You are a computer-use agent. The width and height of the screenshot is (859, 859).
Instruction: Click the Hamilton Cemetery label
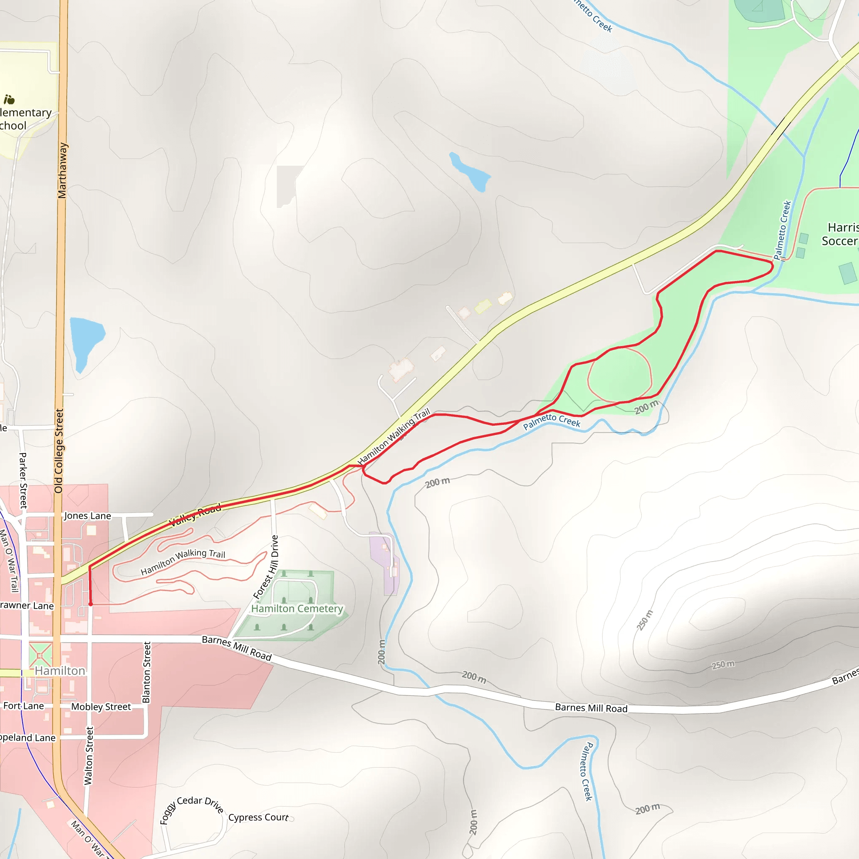click(x=297, y=608)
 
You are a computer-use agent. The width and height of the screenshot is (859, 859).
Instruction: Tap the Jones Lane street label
click(x=88, y=516)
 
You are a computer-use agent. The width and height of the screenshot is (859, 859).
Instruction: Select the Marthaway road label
click(x=62, y=170)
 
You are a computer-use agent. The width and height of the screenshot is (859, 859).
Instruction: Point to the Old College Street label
click(x=59, y=451)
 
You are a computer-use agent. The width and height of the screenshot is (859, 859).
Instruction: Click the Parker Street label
click(x=23, y=480)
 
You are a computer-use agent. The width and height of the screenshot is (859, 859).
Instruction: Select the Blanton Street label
click(x=146, y=672)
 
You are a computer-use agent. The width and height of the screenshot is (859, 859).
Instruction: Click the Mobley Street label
click(x=101, y=706)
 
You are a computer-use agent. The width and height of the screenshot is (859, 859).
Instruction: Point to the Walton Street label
click(x=89, y=756)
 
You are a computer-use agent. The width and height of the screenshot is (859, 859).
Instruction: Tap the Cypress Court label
click(x=258, y=817)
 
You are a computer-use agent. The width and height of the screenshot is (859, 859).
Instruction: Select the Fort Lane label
click(x=23, y=705)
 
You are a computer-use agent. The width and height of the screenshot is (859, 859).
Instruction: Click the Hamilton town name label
click(x=60, y=671)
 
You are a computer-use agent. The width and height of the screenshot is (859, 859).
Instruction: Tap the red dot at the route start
click(x=90, y=604)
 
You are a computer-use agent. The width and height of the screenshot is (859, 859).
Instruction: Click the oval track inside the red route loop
click(x=620, y=376)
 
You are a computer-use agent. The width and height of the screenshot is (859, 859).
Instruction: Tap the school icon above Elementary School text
click(x=9, y=99)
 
